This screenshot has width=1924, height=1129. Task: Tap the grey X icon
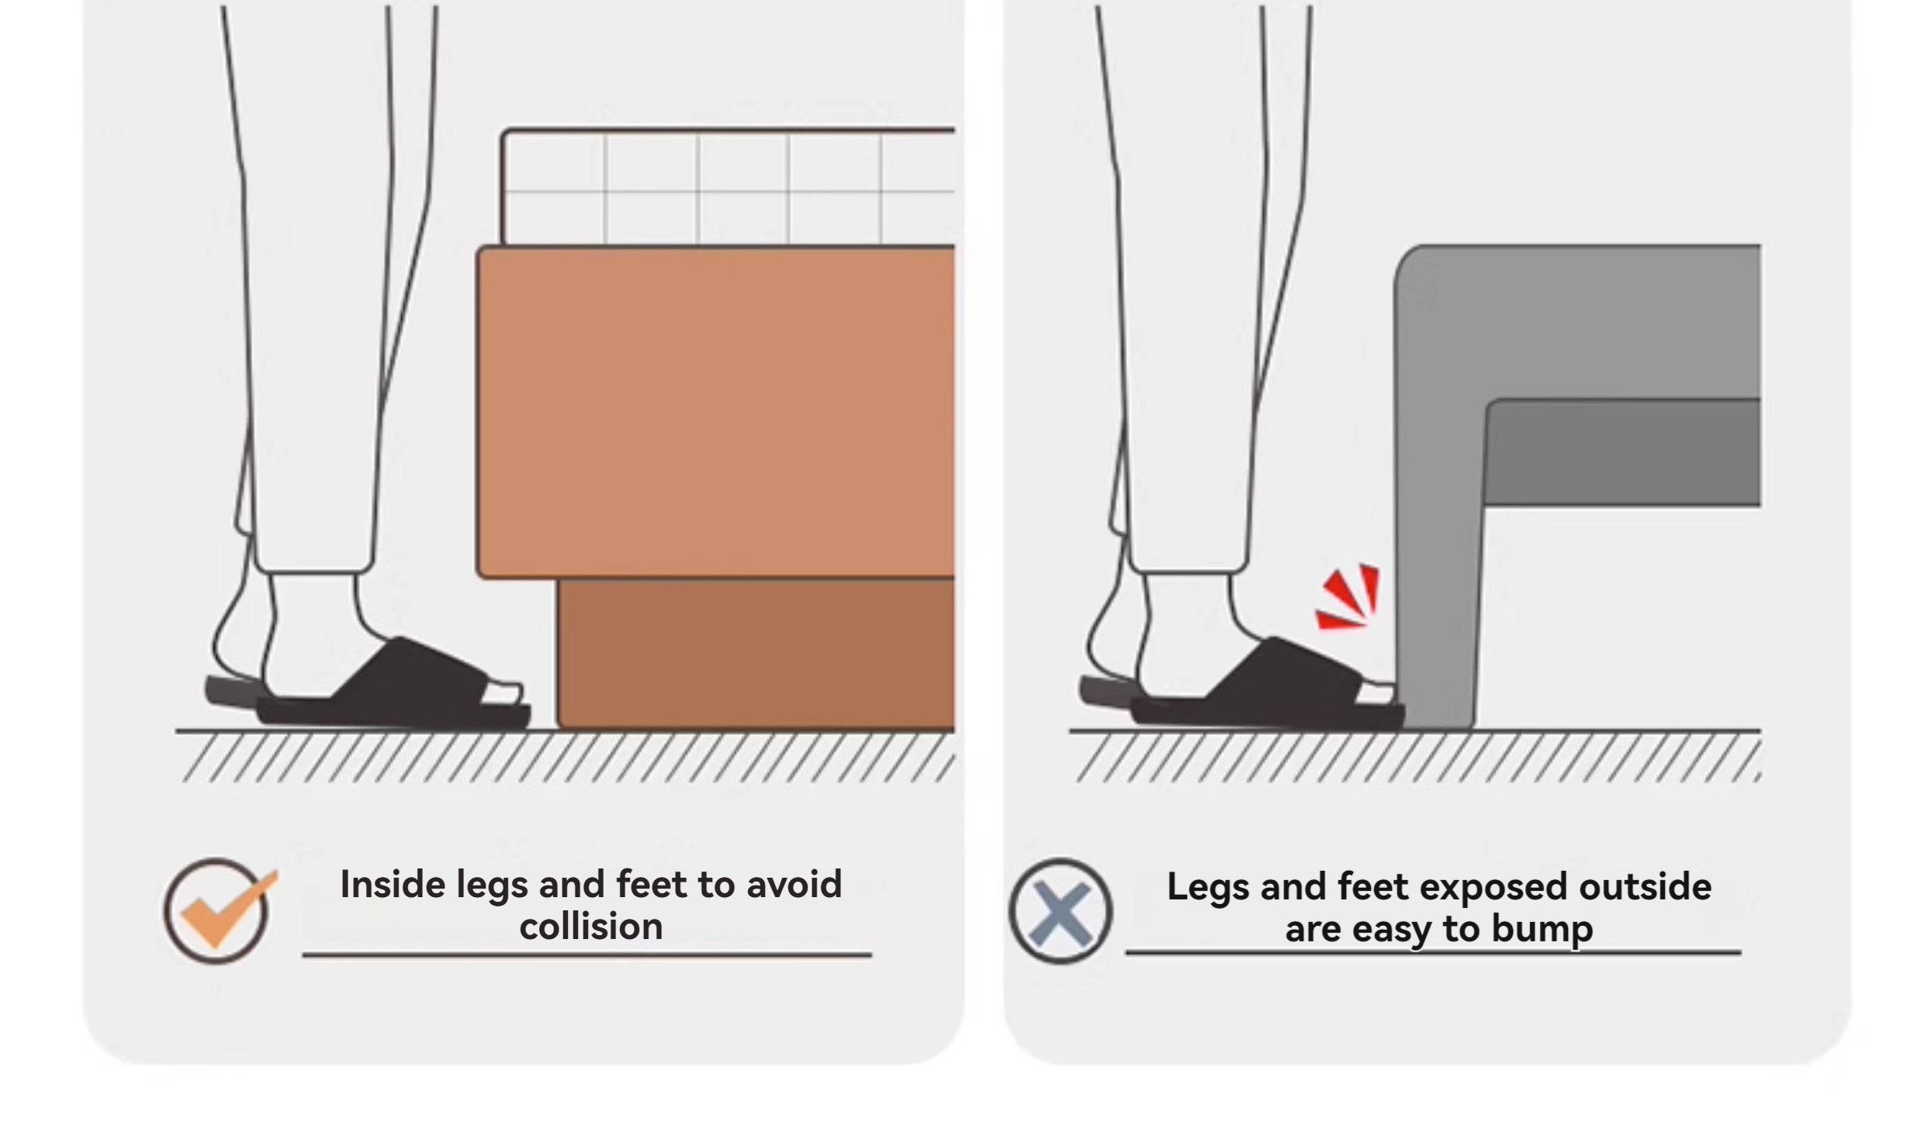click(x=1061, y=911)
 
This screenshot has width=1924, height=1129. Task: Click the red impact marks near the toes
click(x=1348, y=597)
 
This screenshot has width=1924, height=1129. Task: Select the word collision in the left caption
click(x=591, y=927)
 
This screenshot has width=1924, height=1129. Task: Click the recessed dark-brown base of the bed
click(x=756, y=654)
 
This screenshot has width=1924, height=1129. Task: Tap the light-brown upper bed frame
click(x=716, y=412)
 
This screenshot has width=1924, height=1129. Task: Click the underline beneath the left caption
click(x=587, y=955)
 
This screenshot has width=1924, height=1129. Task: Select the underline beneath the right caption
click(x=1434, y=952)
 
